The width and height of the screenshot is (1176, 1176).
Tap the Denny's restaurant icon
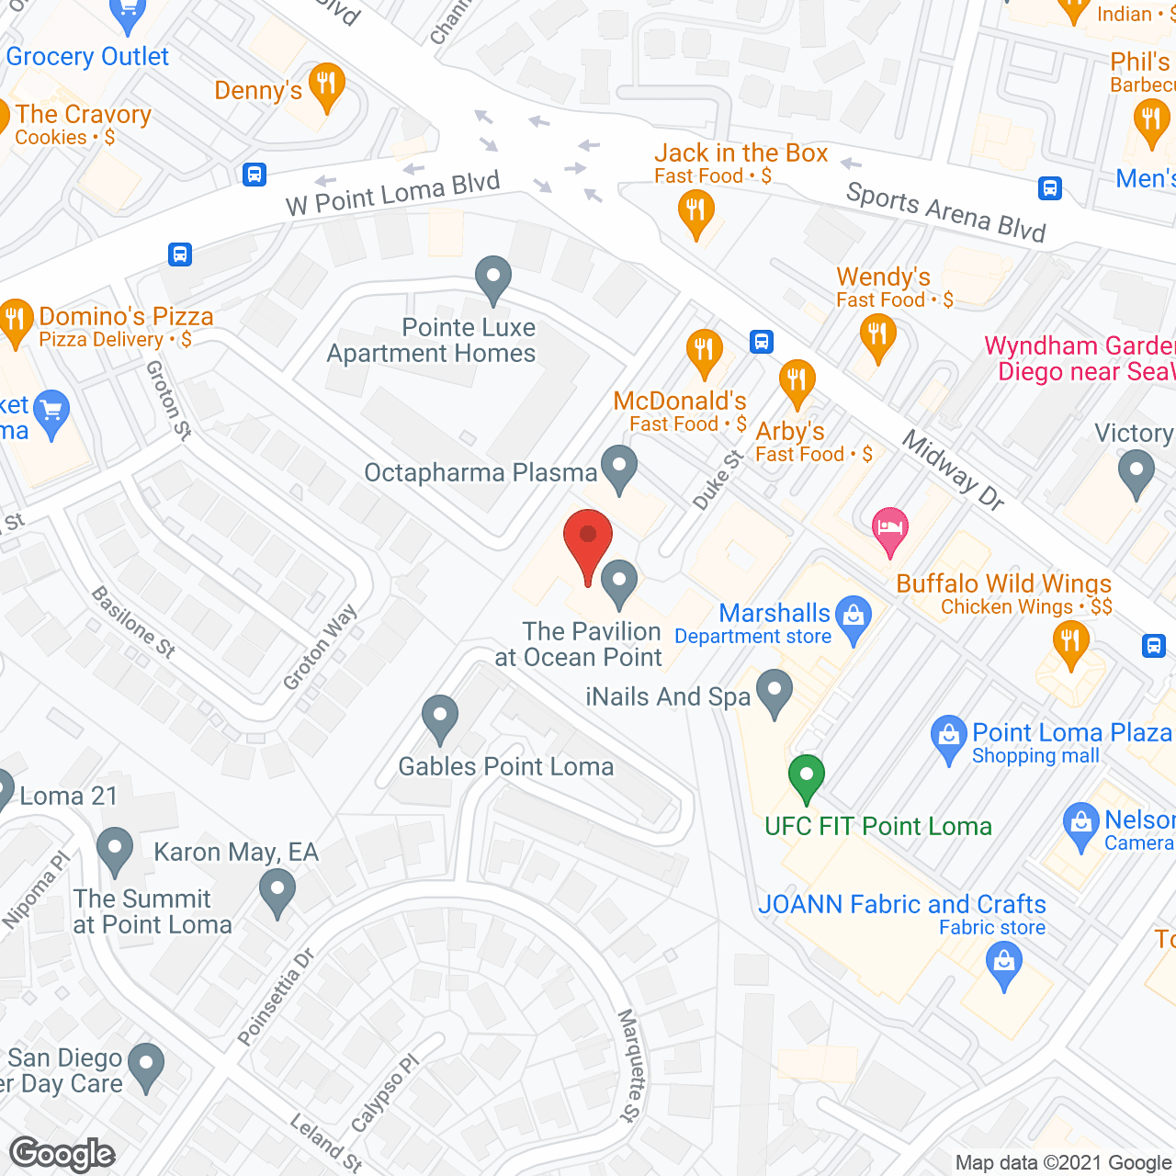coord(326,85)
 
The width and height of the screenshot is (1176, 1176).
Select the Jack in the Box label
coord(741,153)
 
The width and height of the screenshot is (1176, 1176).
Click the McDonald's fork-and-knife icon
coord(704,352)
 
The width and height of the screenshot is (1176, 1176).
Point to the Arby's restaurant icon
coord(797,381)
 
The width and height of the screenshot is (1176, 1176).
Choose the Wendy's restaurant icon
coord(877,335)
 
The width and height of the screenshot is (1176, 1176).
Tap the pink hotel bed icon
coord(889,529)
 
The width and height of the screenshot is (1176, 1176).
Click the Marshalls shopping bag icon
coord(854,618)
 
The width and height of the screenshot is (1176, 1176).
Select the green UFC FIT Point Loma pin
coord(806,776)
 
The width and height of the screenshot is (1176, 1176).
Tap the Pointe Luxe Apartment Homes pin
coord(493,277)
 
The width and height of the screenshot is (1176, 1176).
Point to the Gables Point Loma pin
coord(440,717)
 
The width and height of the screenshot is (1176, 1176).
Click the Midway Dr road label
coord(953,469)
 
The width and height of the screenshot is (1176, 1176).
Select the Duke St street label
coord(717,480)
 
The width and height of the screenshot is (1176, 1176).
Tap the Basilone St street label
coord(133,622)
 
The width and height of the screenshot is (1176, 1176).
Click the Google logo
coord(62,1154)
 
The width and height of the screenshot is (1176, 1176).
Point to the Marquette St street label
coord(628,1065)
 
